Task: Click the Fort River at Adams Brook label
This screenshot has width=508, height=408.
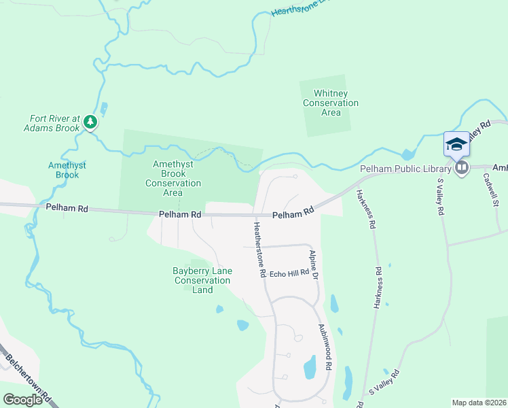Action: (52, 122)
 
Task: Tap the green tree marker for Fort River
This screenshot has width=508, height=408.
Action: (90, 122)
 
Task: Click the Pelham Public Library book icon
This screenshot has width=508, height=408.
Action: (462, 167)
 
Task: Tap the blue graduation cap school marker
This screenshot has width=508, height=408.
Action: (456, 144)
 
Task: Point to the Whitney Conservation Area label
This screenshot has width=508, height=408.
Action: (331, 103)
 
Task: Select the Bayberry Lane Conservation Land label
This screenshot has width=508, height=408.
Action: (202, 280)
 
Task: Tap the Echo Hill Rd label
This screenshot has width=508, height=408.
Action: (289, 274)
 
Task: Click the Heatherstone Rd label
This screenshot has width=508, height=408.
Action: (259, 250)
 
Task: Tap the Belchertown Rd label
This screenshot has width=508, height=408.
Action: (28, 377)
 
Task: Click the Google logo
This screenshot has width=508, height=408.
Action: (22, 399)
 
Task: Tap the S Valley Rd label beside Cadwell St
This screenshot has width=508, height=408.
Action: (440, 197)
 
